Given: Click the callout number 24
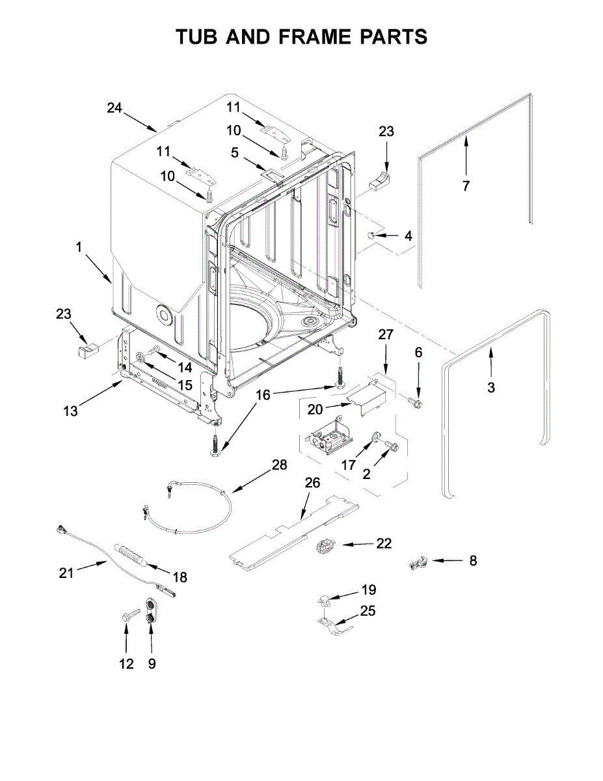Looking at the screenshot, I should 114,109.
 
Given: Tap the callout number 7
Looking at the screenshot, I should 466,186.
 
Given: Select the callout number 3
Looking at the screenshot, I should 490,388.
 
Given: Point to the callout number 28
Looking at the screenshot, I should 279,465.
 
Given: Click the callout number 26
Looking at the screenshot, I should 313,482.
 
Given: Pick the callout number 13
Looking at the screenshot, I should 70,411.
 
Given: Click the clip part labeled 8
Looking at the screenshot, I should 416,562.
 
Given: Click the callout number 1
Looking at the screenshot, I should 79,247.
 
